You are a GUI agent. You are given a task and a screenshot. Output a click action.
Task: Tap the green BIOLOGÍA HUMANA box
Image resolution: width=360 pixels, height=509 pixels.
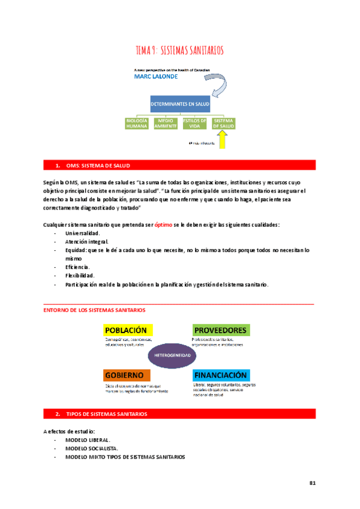(x=136, y=124)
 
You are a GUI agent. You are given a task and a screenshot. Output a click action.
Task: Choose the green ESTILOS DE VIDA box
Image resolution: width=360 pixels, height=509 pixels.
(x=194, y=124)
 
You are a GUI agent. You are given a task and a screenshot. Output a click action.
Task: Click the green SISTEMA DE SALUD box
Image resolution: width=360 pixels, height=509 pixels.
(x=224, y=124)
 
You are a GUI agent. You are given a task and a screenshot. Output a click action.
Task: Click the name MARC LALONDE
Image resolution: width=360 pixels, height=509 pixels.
(x=156, y=77)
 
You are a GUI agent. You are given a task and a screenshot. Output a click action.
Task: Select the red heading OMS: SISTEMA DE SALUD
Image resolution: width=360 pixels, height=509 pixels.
(x=96, y=165)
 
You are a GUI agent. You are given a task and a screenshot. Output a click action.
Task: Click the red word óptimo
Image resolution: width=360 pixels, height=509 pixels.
(x=164, y=224)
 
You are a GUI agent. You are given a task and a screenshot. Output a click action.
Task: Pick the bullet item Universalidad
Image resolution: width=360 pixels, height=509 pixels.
(x=83, y=233)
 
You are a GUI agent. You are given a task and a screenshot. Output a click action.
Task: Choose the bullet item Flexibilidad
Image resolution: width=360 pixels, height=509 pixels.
(x=82, y=275)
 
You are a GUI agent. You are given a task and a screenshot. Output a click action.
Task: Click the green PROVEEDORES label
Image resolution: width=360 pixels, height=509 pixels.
(x=220, y=330)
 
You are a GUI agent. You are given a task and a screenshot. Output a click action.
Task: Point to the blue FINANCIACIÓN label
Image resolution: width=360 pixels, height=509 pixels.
(x=221, y=374)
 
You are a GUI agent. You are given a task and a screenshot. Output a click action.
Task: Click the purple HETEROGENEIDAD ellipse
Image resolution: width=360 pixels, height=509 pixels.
(x=173, y=355)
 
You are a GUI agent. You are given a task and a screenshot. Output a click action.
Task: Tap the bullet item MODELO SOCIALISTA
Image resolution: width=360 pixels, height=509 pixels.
(x=92, y=448)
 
